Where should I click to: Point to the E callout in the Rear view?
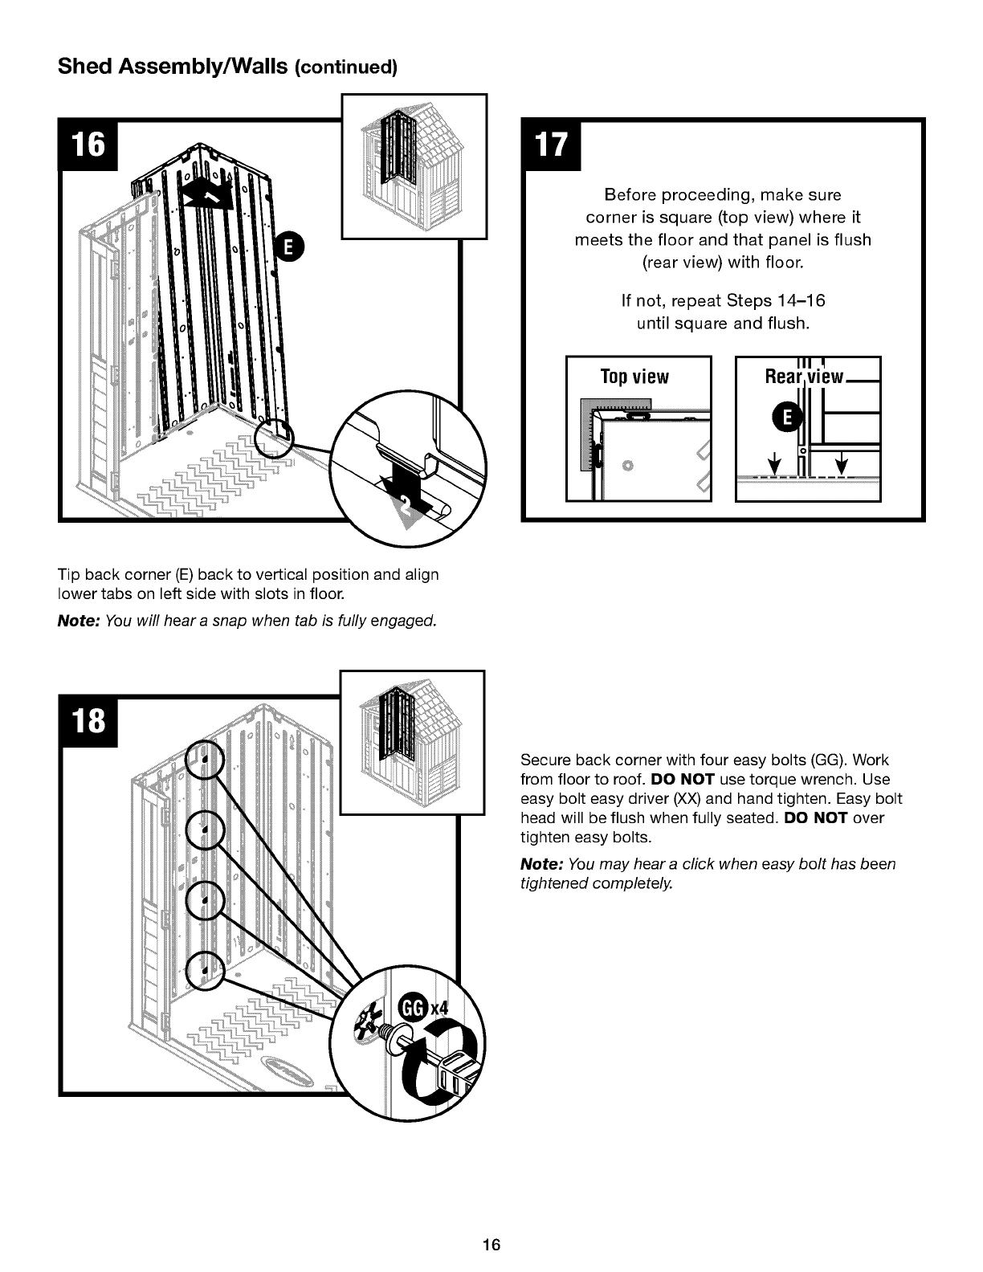point(788,417)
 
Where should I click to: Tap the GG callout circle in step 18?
point(411,1008)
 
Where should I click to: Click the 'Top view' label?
point(634,377)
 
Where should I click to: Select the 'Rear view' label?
point(804,377)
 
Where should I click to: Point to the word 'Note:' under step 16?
point(79,621)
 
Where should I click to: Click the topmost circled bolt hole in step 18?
point(205,759)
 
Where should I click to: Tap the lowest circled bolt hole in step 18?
point(205,971)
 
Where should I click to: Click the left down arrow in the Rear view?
point(774,463)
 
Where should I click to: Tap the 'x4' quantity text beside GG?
point(439,1009)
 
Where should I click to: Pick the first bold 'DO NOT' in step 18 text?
point(682,779)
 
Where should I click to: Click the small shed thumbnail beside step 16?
point(414,167)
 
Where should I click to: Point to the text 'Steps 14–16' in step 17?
point(775,301)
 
